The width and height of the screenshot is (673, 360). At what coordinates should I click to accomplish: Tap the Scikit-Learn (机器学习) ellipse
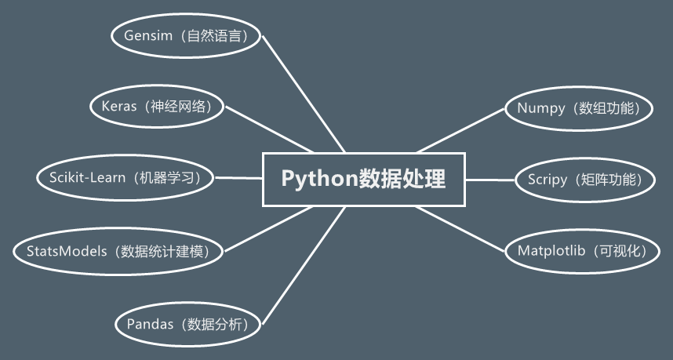coord(126,177)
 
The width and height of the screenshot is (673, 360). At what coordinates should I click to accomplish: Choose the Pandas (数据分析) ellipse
coord(188,323)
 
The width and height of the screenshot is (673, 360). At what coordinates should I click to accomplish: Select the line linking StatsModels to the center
coord(267,229)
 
